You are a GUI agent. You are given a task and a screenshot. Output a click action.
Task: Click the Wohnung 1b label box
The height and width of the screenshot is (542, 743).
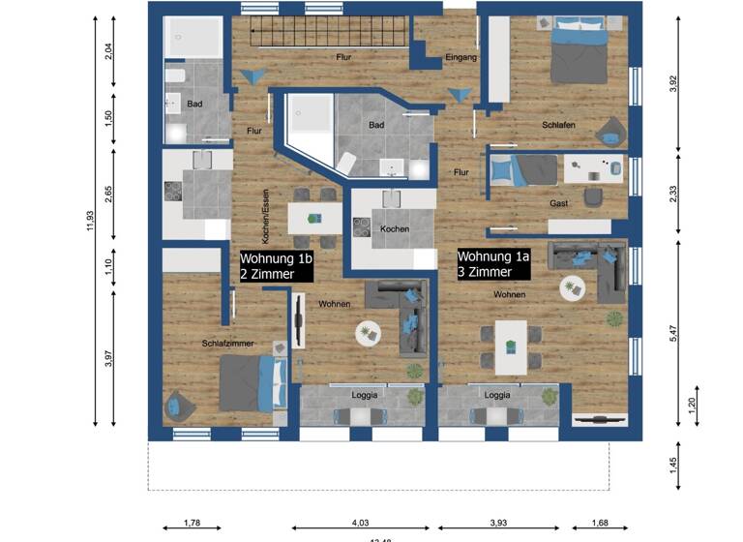(277, 266)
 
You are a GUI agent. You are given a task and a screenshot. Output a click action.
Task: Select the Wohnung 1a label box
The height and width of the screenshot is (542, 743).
(494, 264)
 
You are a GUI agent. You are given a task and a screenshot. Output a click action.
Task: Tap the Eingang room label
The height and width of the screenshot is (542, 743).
(461, 58)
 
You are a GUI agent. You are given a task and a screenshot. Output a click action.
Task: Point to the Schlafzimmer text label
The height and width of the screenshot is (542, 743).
(228, 344)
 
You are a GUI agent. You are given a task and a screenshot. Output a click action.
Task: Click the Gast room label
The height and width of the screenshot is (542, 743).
(559, 204)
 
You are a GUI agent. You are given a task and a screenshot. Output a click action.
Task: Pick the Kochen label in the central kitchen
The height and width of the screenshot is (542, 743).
(395, 229)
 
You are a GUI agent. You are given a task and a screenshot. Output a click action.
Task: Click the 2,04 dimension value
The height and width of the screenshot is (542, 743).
(109, 51)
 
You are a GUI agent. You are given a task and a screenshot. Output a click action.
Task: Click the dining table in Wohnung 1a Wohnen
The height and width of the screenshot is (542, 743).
(511, 346)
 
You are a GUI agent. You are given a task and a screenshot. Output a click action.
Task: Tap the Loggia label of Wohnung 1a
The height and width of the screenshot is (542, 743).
(497, 395)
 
